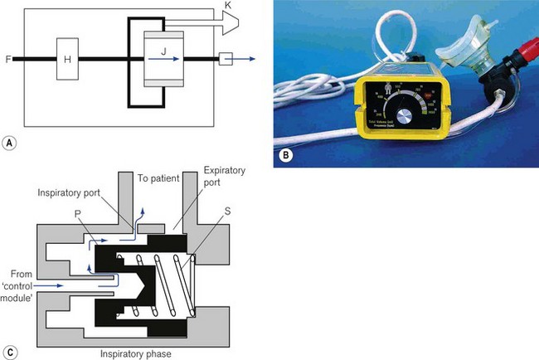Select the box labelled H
point(68,59)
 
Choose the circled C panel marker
point(9,350)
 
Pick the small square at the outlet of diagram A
point(226,59)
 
